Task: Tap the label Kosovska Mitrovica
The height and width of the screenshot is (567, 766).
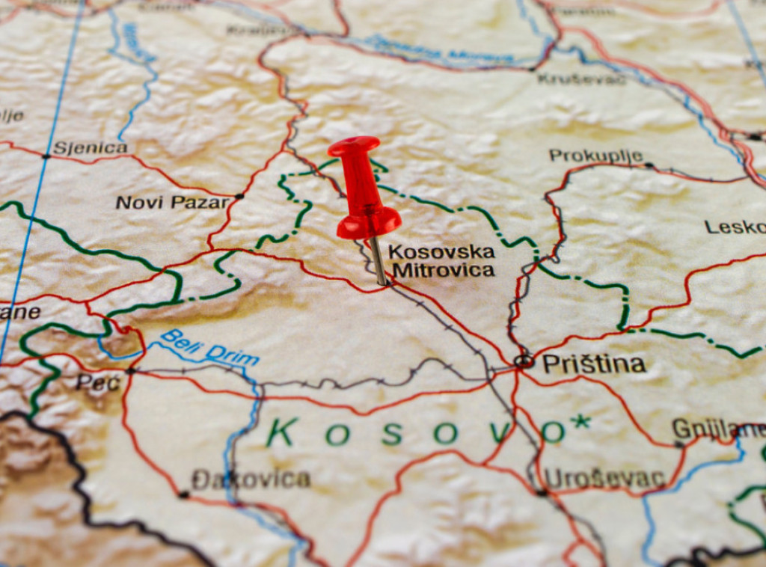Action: (442, 260)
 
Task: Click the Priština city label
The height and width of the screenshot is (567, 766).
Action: (593, 364)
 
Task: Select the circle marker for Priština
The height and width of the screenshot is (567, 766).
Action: (525, 361)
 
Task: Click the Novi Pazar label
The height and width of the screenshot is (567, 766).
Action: (172, 202)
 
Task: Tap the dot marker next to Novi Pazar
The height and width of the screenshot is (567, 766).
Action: (239, 196)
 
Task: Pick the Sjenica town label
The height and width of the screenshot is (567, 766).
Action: (90, 147)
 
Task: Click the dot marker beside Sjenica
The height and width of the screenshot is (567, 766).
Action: (46, 156)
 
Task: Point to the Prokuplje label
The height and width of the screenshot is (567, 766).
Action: (595, 156)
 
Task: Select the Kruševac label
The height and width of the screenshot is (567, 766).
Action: (581, 78)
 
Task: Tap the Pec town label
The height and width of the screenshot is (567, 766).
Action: (97, 383)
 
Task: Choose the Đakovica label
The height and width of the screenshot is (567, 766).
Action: (251, 479)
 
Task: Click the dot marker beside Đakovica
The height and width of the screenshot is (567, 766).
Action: (183, 494)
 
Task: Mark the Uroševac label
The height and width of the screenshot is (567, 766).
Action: (604, 478)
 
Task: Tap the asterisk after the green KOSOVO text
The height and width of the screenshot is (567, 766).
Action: (579, 422)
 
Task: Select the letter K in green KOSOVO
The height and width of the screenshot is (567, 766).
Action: (281, 432)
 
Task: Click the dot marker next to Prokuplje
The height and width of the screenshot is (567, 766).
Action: (648, 165)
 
